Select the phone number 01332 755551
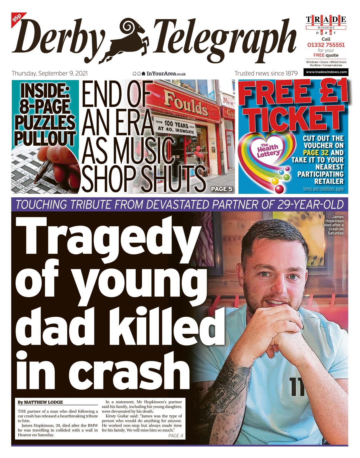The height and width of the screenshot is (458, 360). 326,45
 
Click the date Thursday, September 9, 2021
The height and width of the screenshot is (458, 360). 50,73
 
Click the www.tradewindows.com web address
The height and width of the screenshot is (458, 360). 326,72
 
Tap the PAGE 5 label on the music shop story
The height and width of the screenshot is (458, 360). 221,189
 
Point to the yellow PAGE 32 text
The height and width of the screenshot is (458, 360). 316,152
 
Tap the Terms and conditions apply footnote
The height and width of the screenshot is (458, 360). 323,189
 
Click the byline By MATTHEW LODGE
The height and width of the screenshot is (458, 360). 40,402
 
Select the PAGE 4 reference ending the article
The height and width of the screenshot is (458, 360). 175,436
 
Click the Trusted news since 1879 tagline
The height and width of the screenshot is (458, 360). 266,73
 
